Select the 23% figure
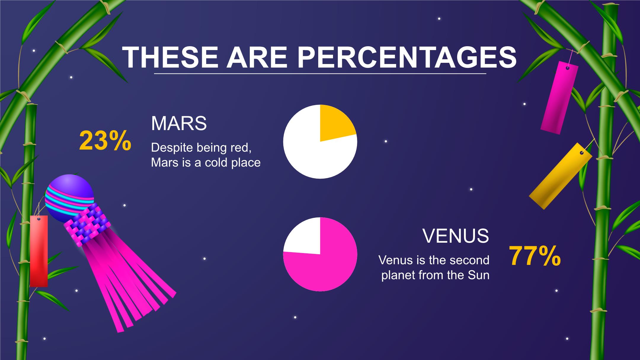tap(105, 140)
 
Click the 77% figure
tap(535, 256)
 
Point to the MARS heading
tap(179, 123)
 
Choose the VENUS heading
tap(456, 236)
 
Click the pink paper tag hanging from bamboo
tap(559, 97)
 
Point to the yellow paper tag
tap(561, 176)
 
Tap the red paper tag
tap(39, 251)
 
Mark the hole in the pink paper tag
tap(567, 68)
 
